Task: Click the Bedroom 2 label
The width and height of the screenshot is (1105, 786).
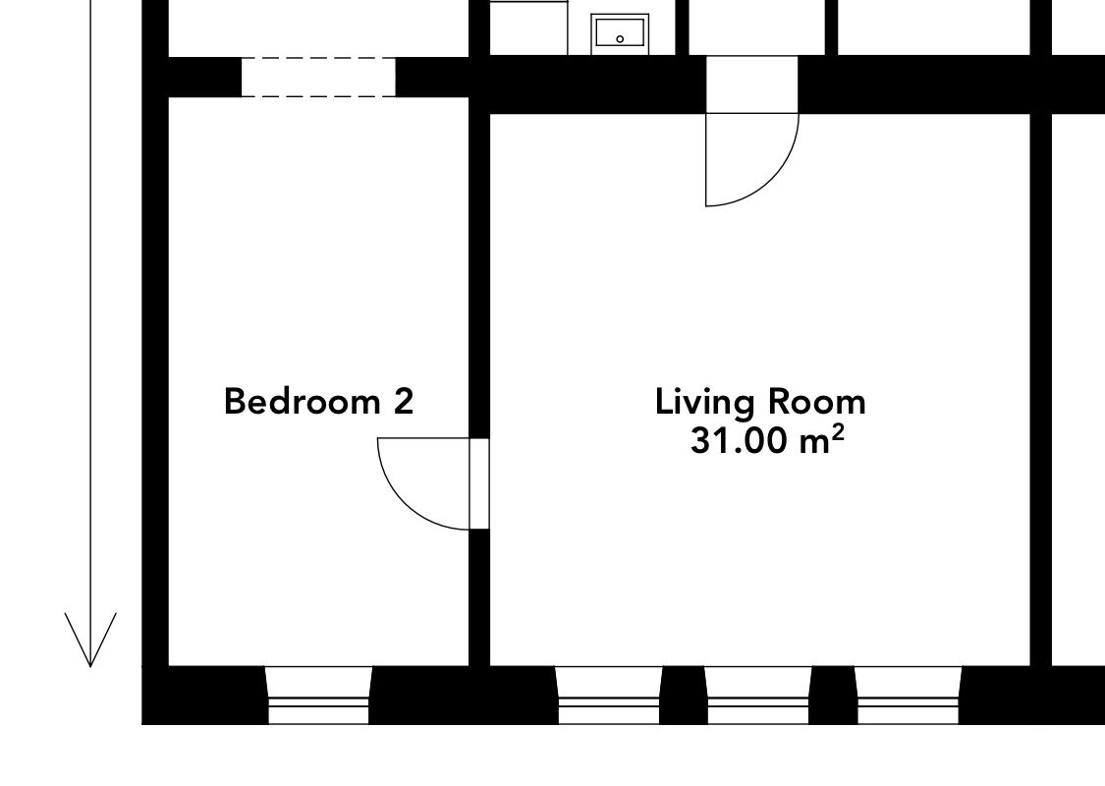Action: pyautogui.click(x=318, y=401)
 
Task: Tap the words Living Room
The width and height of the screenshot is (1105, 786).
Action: pyautogui.click(x=760, y=403)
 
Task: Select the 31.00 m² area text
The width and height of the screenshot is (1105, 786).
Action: pyautogui.click(x=767, y=441)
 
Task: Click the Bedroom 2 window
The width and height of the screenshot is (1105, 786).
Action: pyautogui.click(x=318, y=695)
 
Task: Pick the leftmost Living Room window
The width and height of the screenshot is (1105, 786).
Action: pyautogui.click(x=609, y=695)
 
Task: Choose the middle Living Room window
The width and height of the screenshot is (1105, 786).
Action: pyautogui.click(x=758, y=695)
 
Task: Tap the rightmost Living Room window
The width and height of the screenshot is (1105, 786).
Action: pyautogui.click(x=908, y=695)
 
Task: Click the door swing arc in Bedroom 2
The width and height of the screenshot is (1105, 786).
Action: pyautogui.click(x=405, y=503)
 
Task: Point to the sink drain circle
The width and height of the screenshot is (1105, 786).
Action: pyautogui.click(x=620, y=39)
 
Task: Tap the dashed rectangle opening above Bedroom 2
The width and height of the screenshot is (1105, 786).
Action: pyautogui.click(x=318, y=77)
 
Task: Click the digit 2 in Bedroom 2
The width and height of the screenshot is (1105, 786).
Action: pyautogui.click(x=403, y=401)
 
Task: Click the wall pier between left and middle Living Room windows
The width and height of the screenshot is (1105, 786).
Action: pyautogui.click(x=684, y=695)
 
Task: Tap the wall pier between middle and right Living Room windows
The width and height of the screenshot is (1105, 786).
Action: pyautogui.click(x=833, y=695)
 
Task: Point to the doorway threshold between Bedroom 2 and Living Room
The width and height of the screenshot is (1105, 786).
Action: pyautogui.click(x=479, y=483)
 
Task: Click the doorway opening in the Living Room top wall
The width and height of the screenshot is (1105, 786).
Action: pyautogui.click(x=752, y=84)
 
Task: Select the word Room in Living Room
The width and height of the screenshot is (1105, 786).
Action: pyautogui.click(x=817, y=402)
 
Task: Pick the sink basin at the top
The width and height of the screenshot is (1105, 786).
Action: pyautogui.click(x=620, y=33)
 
